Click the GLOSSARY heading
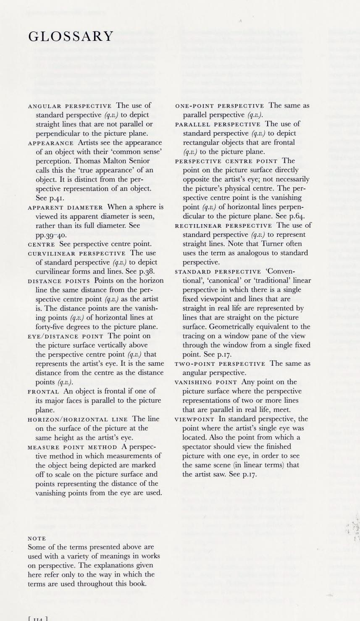(x=71, y=37)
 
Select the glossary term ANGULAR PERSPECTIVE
(x=70, y=106)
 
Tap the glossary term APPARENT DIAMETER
(x=66, y=207)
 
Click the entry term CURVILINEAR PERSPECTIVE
(x=76, y=254)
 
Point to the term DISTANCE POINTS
(x=59, y=281)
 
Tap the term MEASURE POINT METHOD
(x=72, y=447)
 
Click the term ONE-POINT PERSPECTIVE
(x=220, y=106)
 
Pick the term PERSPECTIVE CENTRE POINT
(x=226, y=161)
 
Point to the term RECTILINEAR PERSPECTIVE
(x=223, y=226)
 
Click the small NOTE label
(x=37, y=538)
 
